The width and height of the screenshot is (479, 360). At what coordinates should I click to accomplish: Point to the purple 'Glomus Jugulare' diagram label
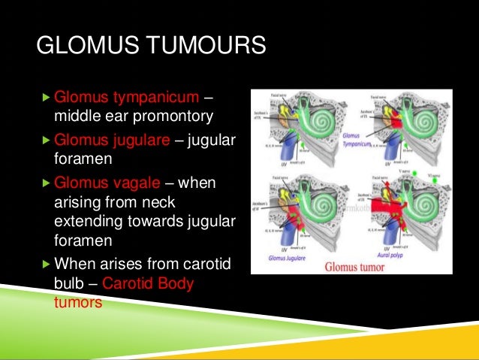(288, 256)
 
